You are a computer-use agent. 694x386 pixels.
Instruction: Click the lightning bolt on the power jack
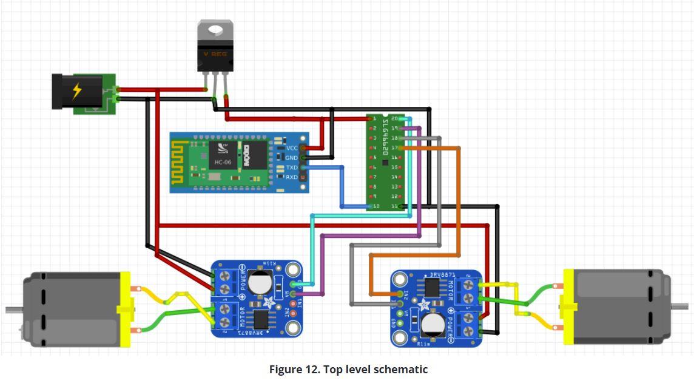click(77, 91)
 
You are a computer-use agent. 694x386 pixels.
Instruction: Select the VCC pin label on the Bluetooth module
click(292, 147)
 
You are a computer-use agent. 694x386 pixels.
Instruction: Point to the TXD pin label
click(292, 168)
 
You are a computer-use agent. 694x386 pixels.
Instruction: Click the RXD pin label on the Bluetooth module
click(292, 177)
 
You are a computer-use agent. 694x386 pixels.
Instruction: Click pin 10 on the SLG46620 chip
click(376, 206)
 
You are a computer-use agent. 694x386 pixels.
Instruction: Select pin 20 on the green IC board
click(394, 118)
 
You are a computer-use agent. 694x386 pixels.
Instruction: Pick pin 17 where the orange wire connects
click(394, 147)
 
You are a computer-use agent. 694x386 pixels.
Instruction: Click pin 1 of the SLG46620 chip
click(375, 118)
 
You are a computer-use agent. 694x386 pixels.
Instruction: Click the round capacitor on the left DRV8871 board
click(262, 281)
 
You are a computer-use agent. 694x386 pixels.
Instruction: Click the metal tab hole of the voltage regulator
click(215, 29)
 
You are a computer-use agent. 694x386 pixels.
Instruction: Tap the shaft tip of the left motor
click(8, 310)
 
